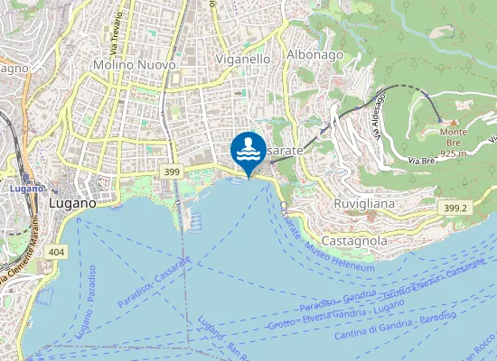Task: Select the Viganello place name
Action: point(244,59)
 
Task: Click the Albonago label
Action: point(314,55)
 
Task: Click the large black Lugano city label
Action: point(71,204)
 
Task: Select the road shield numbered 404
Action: point(58,252)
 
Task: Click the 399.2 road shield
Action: point(455,208)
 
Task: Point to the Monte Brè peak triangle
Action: point(454,121)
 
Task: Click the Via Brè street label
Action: point(421,160)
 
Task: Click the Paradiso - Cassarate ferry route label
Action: point(155,282)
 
